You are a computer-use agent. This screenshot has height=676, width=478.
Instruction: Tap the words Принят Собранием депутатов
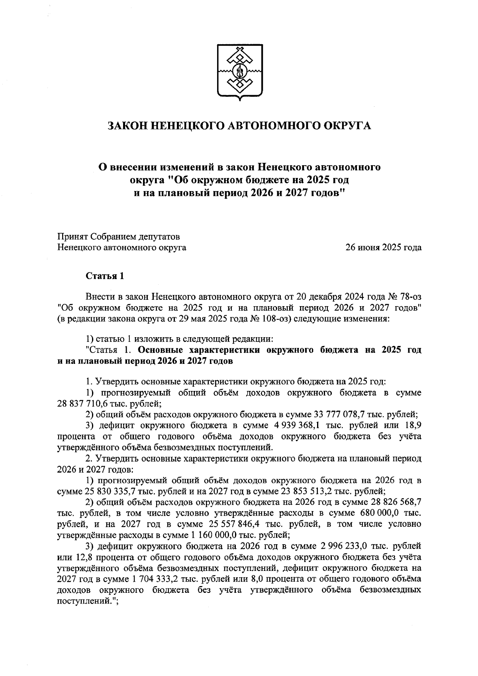coord(119,237)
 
